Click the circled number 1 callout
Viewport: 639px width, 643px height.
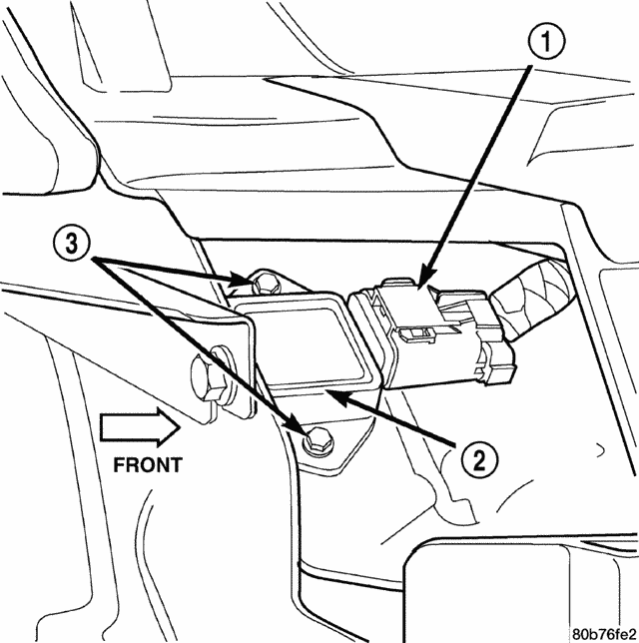click(x=547, y=44)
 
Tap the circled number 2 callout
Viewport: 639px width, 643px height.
click(x=480, y=458)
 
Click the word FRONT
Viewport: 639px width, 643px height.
click(x=148, y=464)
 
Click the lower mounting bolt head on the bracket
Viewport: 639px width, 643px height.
click(x=316, y=436)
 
